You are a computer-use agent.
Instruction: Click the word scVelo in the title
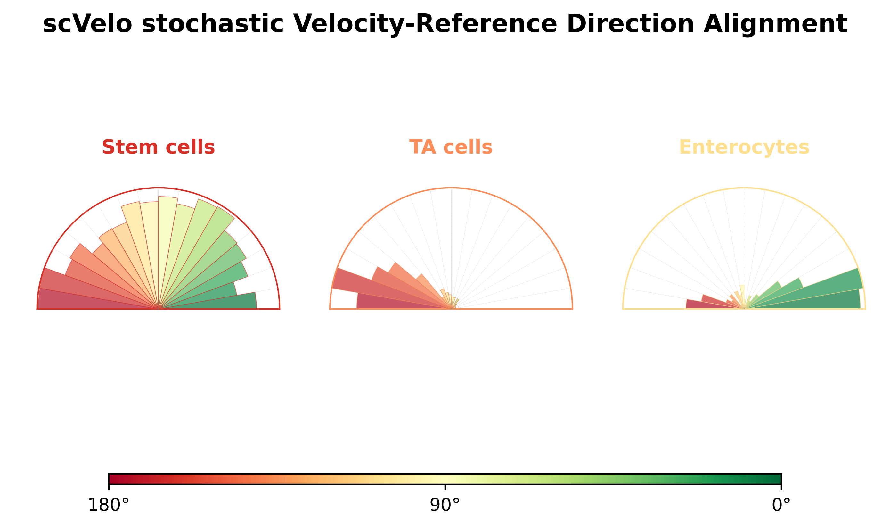click(87, 24)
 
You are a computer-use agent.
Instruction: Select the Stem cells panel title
click(158, 147)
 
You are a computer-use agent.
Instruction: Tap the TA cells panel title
click(451, 147)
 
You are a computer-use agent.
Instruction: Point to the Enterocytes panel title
click(744, 147)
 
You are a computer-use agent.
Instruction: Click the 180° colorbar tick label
click(109, 505)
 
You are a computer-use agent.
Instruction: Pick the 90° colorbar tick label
click(445, 505)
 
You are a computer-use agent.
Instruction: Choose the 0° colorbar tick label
click(781, 505)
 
